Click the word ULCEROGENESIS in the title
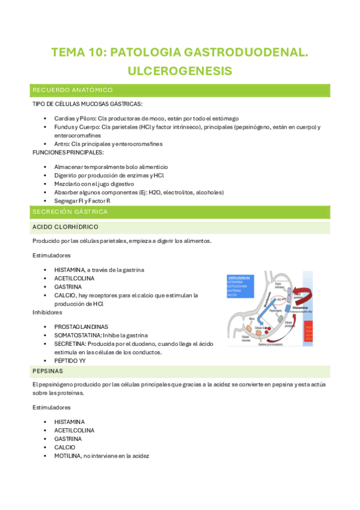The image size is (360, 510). point(180,71)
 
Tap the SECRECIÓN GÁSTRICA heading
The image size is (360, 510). point(70,212)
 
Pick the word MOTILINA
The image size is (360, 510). point(69,456)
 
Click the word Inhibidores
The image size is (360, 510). point(47,313)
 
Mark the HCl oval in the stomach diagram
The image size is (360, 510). point(280,298)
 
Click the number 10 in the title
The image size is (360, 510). point(98,53)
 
